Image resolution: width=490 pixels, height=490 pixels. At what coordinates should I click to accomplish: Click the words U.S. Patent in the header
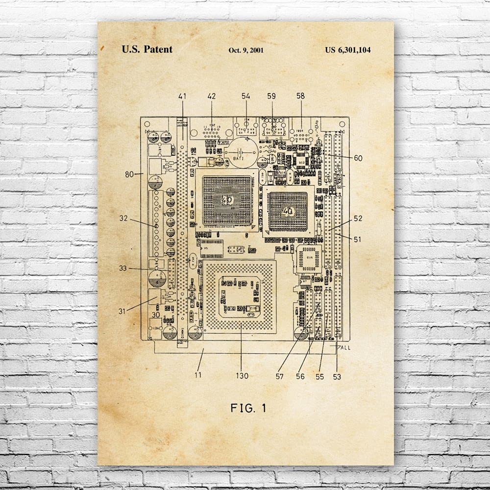pyautogui.click(x=147, y=49)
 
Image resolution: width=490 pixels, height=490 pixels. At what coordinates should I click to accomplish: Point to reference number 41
pyautogui.click(x=182, y=96)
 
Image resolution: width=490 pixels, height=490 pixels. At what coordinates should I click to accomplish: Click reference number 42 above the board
pyautogui.click(x=212, y=96)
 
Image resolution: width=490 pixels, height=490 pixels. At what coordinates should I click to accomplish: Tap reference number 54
pyautogui.click(x=245, y=96)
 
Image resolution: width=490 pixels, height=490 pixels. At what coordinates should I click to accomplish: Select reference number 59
pyautogui.click(x=271, y=96)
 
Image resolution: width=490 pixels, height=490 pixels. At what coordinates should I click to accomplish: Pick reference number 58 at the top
pyautogui.click(x=300, y=96)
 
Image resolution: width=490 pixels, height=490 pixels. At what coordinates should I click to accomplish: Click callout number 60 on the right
pyautogui.click(x=358, y=158)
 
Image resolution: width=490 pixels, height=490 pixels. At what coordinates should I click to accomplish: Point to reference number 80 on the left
pyautogui.click(x=130, y=173)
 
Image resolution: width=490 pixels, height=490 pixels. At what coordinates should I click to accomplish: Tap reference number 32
pyautogui.click(x=123, y=219)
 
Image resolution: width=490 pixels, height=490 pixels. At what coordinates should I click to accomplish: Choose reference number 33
pyautogui.click(x=123, y=268)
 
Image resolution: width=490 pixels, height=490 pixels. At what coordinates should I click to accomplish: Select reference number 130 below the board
pyautogui.click(x=242, y=376)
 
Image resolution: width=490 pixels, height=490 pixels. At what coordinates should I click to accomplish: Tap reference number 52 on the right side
pyautogui.click(x=358, y=219)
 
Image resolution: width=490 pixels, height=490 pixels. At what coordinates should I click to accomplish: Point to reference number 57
pyautogui.click(x=280, y=376)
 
